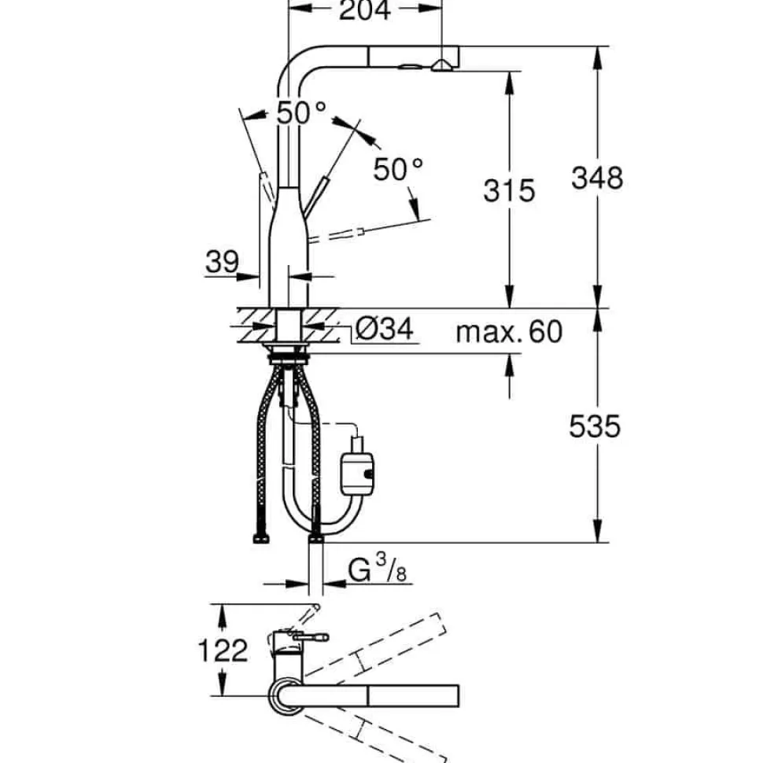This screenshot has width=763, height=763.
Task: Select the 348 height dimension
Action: (597, 178)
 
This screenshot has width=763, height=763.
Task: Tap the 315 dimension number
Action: (509, 190)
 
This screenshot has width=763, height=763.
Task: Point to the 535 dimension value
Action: (595, 427)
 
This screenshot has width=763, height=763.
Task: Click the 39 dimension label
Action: (223, 262)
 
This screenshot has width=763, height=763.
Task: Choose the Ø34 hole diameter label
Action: (385, 329)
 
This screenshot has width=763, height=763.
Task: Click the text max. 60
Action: (509, 331)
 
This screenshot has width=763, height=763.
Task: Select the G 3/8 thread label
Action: (377, 568)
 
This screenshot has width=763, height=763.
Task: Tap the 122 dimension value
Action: (223, 651)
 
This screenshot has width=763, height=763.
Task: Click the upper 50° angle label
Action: (302, 113)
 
